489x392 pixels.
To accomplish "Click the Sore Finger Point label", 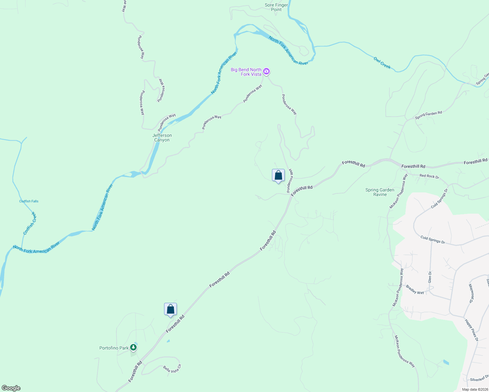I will tap(276, 7).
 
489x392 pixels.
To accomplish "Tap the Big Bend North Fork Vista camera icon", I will tap(266, 72).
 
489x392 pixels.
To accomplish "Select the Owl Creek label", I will tap(382, 63).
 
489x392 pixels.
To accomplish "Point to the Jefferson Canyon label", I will tap(162, 138).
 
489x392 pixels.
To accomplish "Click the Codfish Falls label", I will tap(29, 201).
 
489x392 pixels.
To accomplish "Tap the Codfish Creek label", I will tap(30, 223).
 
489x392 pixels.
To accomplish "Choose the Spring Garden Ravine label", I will tap(380, 192).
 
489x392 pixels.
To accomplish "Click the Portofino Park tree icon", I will tap(133, 347).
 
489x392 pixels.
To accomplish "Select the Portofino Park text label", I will tap(114, 348).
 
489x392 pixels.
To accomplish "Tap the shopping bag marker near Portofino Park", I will tap(170, 309).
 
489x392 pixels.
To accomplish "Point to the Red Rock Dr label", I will tap(429, 176).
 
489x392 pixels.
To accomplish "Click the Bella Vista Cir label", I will tap(172, 369).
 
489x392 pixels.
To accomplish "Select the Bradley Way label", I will tap(415, 290).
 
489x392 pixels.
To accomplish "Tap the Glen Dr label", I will tap(430, 277).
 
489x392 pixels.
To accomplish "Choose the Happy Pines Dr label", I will tap(472, 330).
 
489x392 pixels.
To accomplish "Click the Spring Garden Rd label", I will tap(428, 115).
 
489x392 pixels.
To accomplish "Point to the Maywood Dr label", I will tap(471, 293).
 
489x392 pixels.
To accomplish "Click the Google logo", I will tap(11, 388).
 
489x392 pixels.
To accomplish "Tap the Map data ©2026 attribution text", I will tap(474, 389).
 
